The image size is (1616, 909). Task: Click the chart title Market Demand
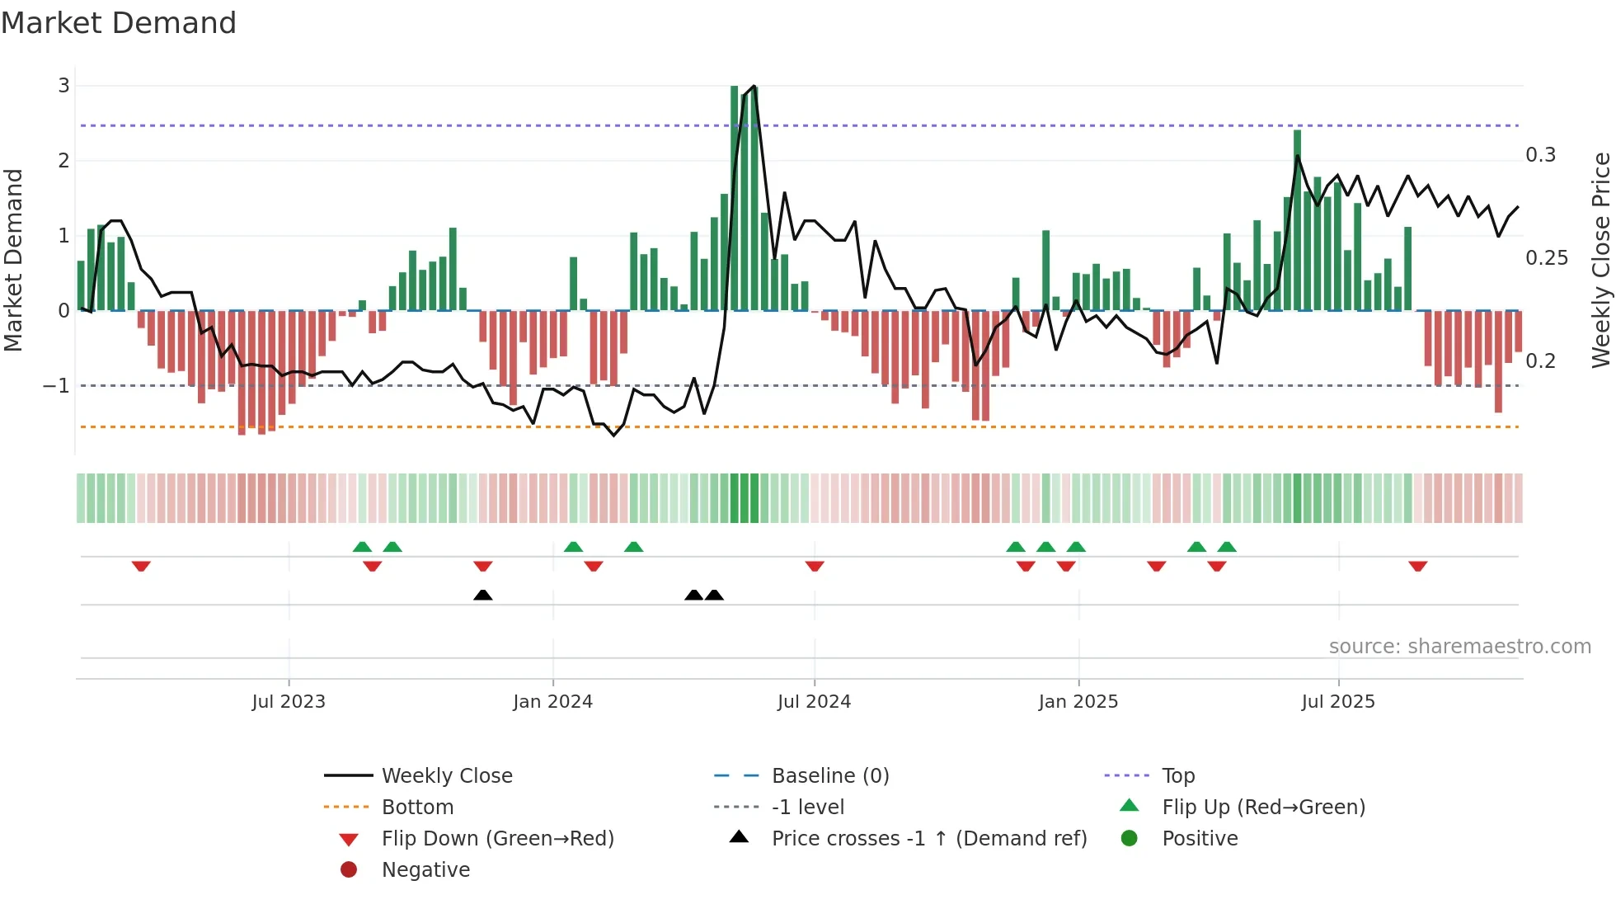click(x=119, y=23)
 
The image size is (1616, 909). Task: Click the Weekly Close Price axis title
click(x=1600, y=260)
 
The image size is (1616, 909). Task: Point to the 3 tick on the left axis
click(x=63, y=86)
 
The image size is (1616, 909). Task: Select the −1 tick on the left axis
click(x=56, y=386)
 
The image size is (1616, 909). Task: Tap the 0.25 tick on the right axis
click(x=1546, y=258)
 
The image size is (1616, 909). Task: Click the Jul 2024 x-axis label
click(x=814, y=702)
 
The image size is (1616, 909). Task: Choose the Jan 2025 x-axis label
click(x=1078, y=702)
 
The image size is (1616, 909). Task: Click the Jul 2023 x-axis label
click(x=289, y=702)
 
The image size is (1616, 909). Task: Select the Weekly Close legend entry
click(x=446, y=776)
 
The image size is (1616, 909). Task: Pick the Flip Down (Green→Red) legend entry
click(x=497, y=839)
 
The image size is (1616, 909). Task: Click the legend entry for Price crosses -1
click(x=928, y=839)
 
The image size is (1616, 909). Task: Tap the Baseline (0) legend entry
click(x=829, y=776)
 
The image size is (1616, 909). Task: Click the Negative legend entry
click(x=425, y=870)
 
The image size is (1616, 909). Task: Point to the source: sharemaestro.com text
click(x=1459, y=647)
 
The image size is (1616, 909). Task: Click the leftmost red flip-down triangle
click(x=141, y=567)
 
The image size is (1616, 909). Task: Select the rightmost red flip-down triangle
click(x=1418, y=567)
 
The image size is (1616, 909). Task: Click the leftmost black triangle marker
click(x=483, y=595)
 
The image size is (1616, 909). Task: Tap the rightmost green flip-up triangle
click(x=1227, y=547)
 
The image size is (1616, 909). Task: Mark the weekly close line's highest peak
click(x=754, y=87)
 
